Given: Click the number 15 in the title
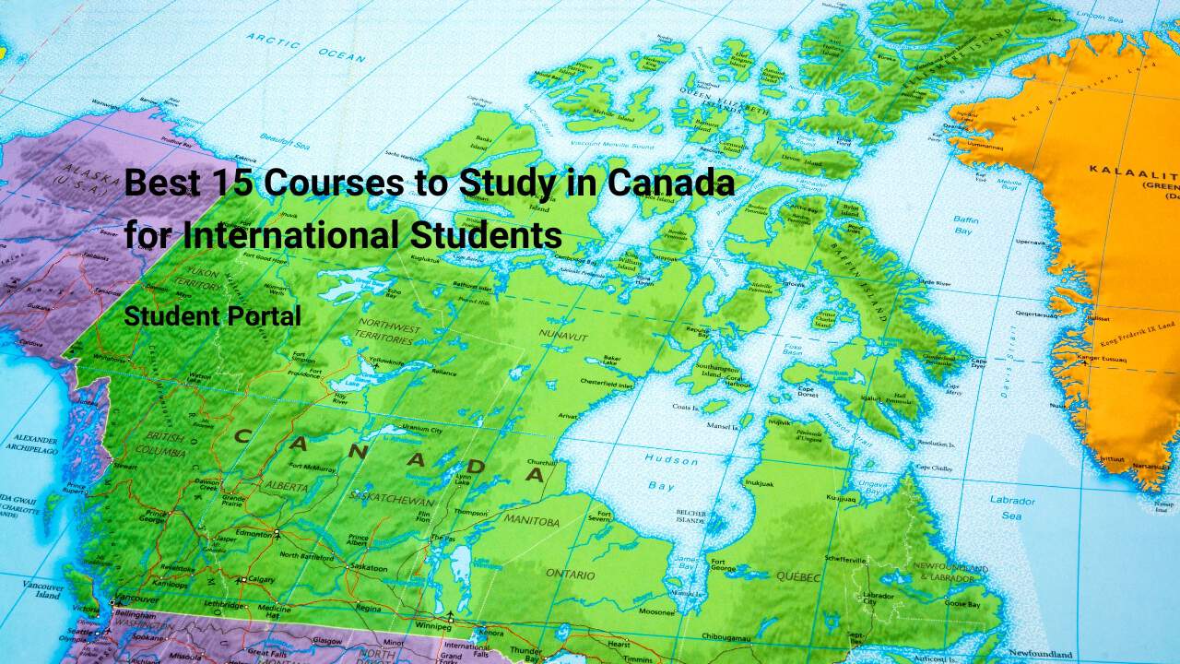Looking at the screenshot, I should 238,183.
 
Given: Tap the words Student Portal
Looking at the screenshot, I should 213,316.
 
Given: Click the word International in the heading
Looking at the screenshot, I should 291,235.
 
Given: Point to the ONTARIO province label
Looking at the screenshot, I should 571,574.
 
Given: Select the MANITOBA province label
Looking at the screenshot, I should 531,522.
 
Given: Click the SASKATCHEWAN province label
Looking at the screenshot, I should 394,499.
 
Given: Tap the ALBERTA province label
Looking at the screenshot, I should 287,484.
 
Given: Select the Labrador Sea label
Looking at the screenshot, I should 1011,508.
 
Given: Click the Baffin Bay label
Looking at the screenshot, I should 964,225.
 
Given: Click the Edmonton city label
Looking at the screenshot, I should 254,534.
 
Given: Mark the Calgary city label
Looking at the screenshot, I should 261,579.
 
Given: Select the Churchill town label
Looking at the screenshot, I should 541,461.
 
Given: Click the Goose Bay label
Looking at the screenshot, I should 962,603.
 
